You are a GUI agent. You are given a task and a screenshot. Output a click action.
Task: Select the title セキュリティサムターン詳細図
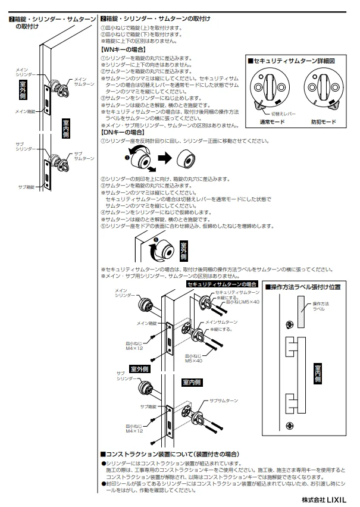click(295, 61)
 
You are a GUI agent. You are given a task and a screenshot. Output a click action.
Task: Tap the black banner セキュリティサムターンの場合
click(222, 284)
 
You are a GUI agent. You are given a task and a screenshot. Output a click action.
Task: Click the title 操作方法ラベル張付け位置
click(302, 287)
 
